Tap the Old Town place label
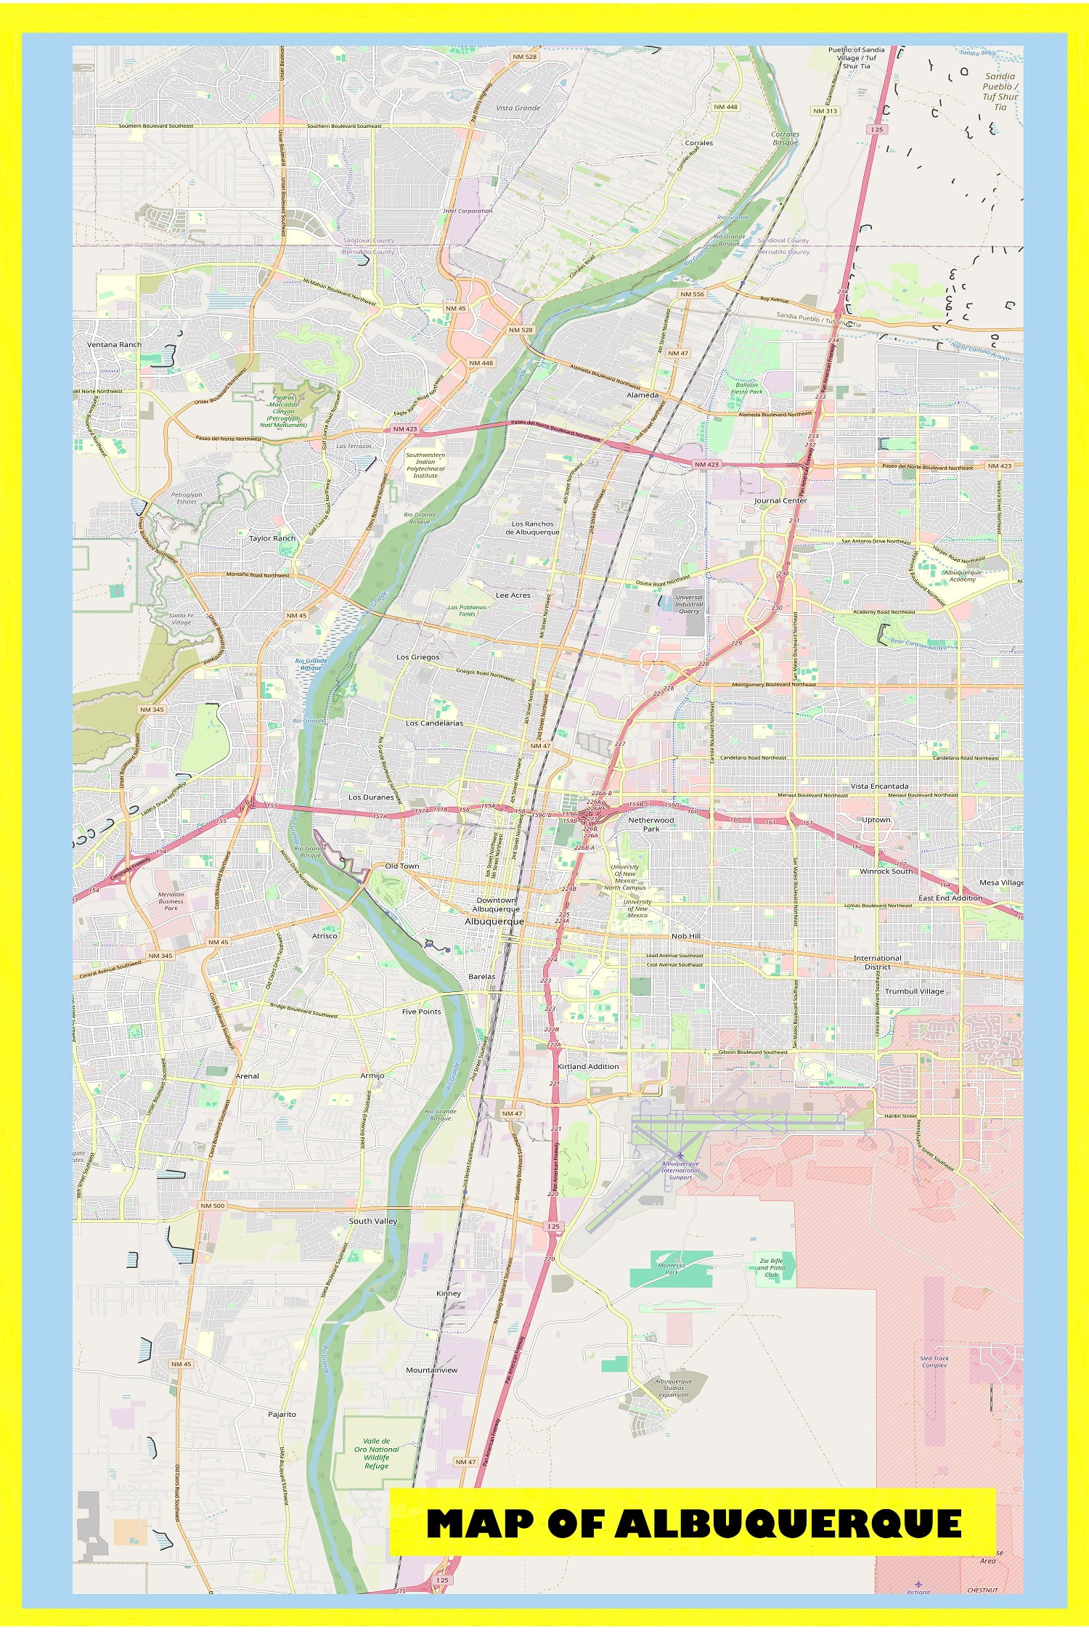401,866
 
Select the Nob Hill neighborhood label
685,936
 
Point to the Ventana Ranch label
114,344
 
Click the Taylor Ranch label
272,538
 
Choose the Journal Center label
780,500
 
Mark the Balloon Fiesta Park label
747,388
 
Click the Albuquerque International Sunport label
680,1170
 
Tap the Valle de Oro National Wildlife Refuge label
377,1453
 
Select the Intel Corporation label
468,211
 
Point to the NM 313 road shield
825,111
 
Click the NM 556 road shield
691,294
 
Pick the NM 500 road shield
212,1206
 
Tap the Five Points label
421,1011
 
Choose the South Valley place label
373,1221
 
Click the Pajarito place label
282,1414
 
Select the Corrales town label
698,143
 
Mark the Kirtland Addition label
588,1066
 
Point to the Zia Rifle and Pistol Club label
771,1267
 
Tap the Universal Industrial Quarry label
688,604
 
